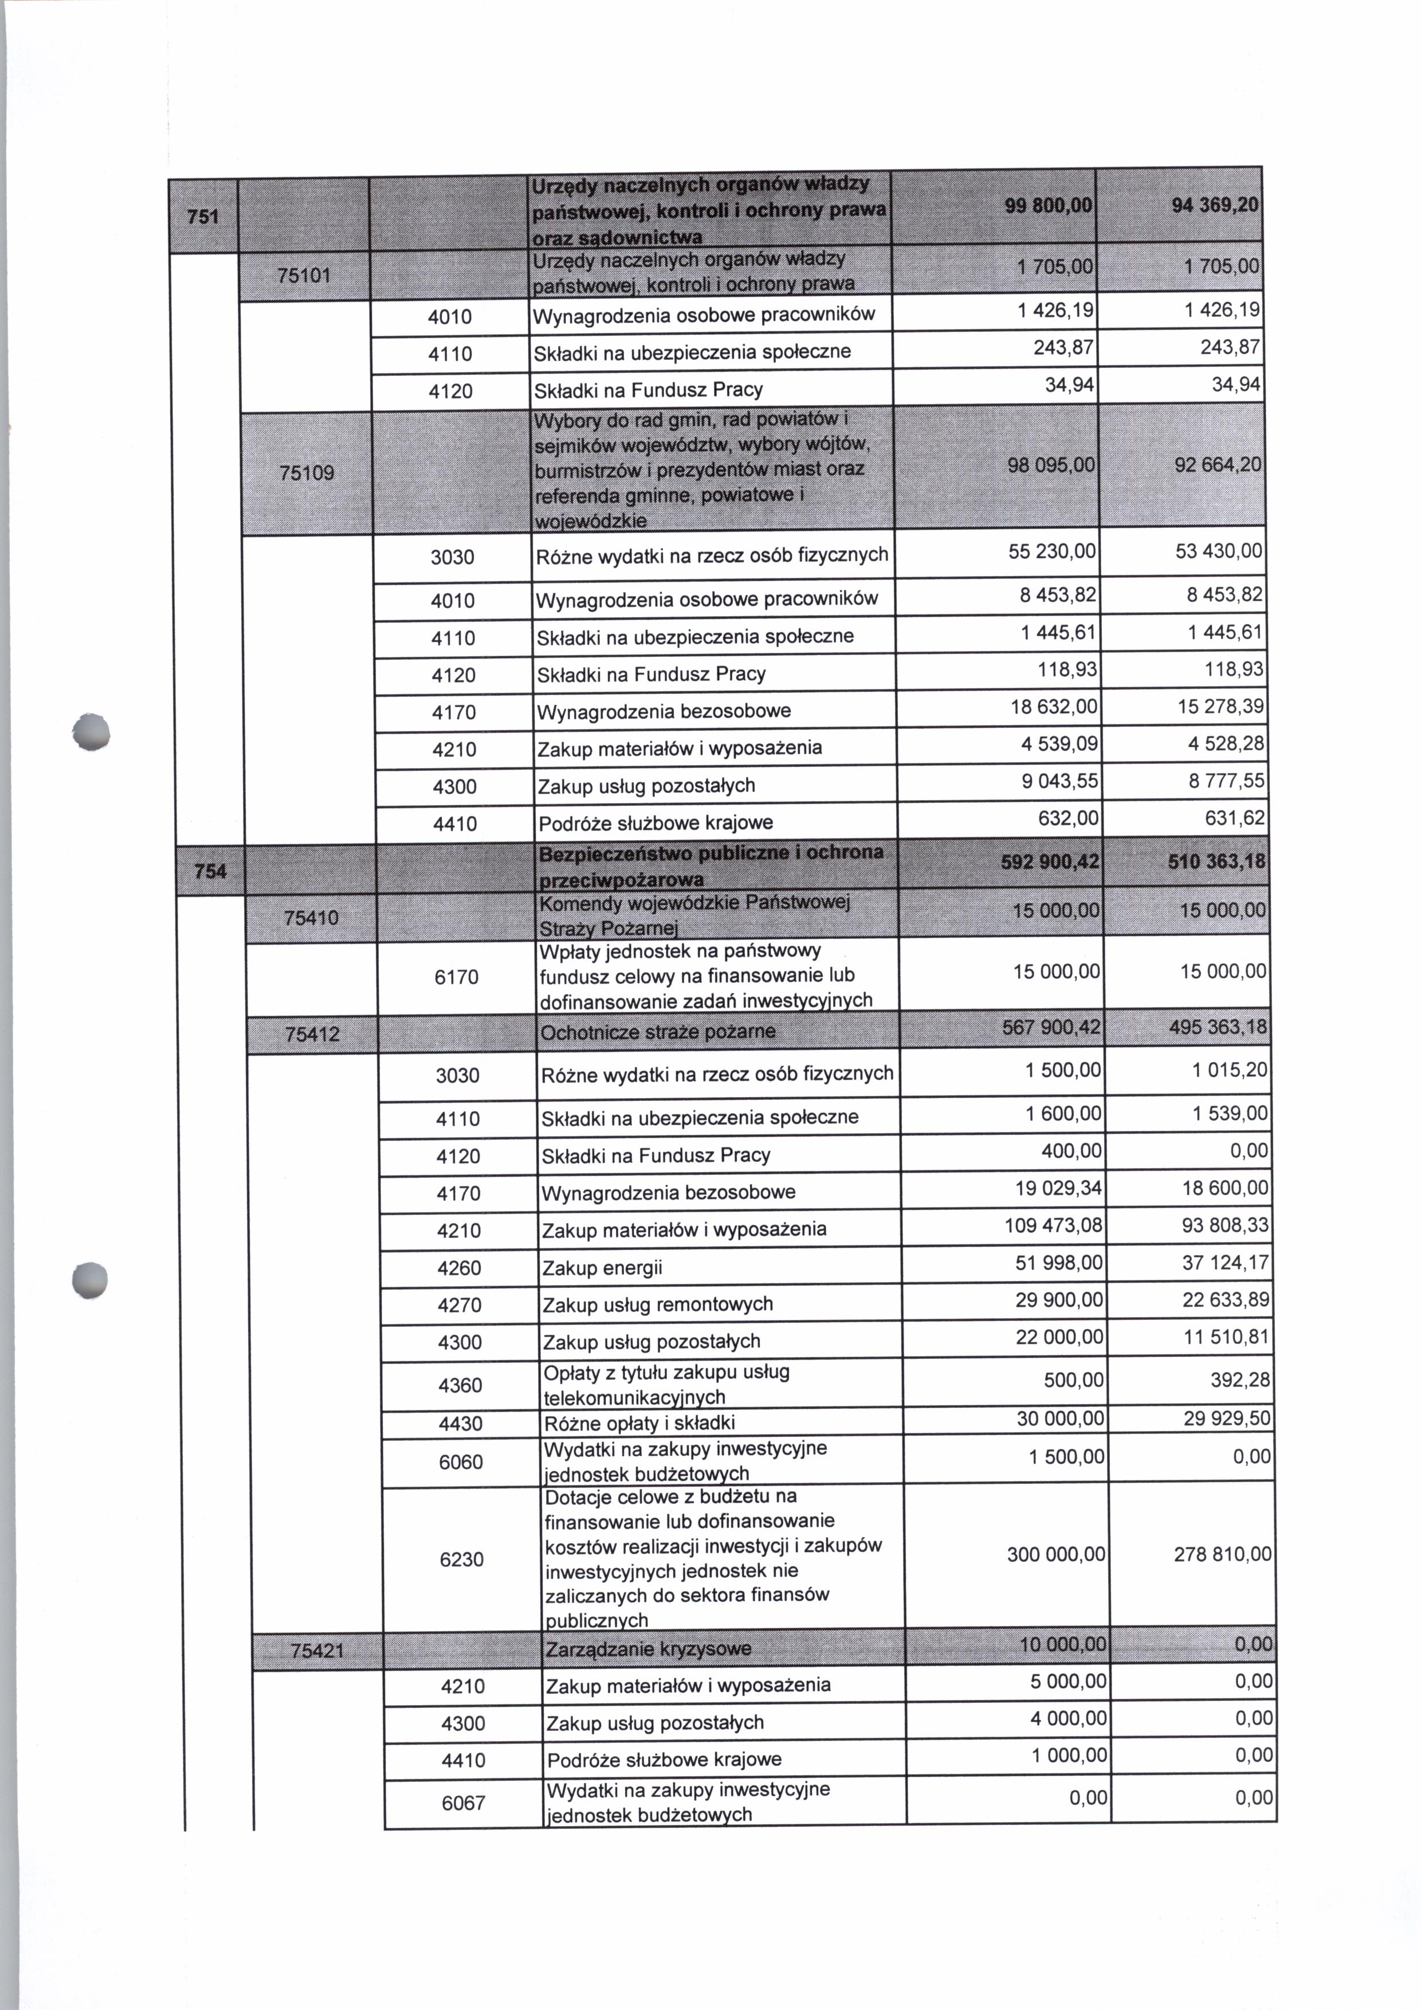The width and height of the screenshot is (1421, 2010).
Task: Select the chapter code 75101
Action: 304,276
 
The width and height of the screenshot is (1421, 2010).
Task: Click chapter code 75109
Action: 306,473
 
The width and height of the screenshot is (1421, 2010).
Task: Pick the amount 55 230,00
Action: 1053,551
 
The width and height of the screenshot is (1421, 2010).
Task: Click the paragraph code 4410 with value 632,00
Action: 455,824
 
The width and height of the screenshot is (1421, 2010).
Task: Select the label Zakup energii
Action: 602,1268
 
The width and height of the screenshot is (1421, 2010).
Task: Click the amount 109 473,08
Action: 1054,1225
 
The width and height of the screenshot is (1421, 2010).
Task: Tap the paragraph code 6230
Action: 462,1559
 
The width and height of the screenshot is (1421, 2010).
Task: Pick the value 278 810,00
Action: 1222,1555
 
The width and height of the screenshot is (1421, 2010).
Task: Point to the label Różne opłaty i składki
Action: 639,1423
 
